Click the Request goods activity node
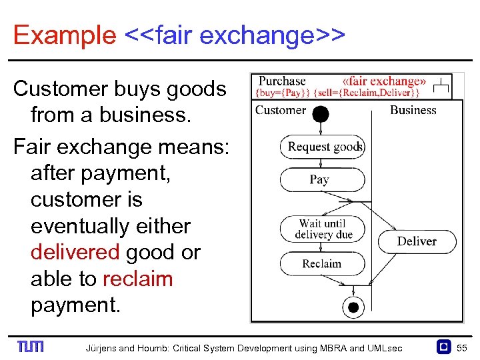(x=323, y=147)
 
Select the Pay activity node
(x=322, y=179)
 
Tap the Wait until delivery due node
(x=323, y=229)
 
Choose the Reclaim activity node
(x=322, y=263)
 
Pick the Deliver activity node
(x=417, y=241)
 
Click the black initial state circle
(x=321, y=114)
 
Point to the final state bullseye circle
(x=353, y=307)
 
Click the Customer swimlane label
(x=281, y=110)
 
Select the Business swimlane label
(x=413, y=110)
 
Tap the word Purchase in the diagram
(x=282, y=81)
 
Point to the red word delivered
(x=75, y=253)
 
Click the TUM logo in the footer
(x=31, y=347)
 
